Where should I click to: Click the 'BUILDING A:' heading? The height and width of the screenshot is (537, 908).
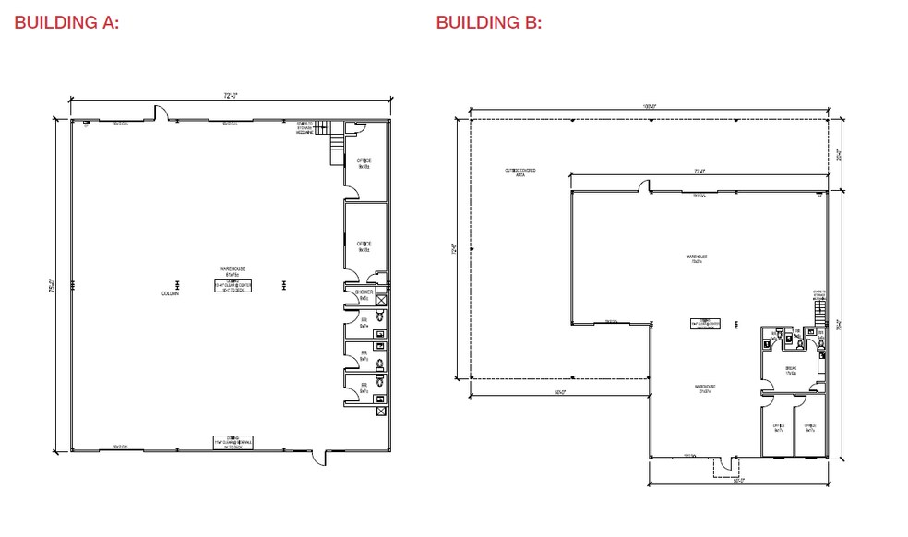click(66, 23)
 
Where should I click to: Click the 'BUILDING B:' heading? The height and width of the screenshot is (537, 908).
click(488, 23)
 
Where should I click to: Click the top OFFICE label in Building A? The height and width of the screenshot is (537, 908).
click(364, 163)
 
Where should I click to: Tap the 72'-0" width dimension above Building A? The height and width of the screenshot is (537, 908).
click(231, 96)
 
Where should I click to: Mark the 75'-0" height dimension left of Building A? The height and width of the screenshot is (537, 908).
click(54, 286)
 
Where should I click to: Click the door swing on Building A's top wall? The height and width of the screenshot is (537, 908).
click(160, 113)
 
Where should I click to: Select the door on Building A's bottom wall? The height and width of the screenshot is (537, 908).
click(318, 457)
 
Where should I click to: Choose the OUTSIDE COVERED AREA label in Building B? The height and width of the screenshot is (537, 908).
click(520, 172)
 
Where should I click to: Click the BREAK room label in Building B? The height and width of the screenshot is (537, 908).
click(792, 371)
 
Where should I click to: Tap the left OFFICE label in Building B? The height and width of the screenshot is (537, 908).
click(778, 427)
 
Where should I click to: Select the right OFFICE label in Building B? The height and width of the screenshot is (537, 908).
click(810, 427)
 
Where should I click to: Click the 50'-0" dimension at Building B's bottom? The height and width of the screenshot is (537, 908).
click(738, 481)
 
